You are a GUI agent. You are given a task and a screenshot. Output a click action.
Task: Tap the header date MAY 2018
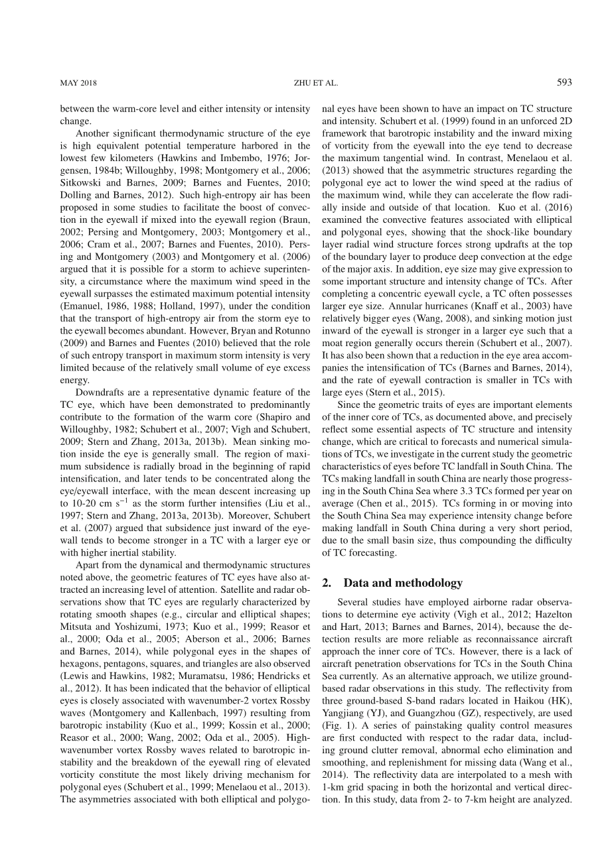pyautogui.click(x=78, y=83)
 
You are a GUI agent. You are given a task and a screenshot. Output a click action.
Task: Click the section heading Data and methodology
pyautogui.click(x=403, y=583)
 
